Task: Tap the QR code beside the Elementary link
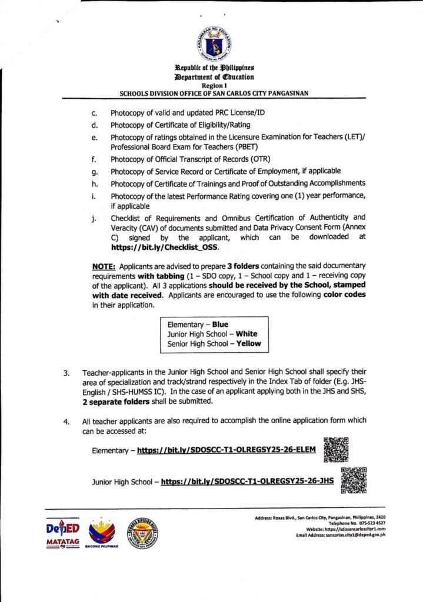(x=336, y=450)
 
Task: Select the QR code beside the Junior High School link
(x=354, y=480)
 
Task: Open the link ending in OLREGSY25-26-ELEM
(x=227, y=451)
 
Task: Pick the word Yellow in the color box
(x=249, y=344)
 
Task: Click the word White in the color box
(x=247, y=334)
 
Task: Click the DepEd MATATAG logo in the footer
(x=61, y=533)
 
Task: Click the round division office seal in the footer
(x=142, y=533)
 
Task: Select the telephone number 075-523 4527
(x=365, y=523)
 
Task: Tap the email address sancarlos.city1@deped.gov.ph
(x=358, y=536)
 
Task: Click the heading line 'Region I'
(x=214, y=86)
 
